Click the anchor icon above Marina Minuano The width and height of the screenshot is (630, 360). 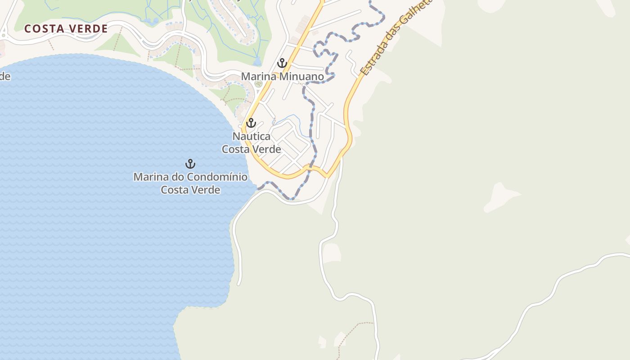click(x=282, y=63)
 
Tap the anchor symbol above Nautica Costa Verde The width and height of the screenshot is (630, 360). click(x=251, y=122)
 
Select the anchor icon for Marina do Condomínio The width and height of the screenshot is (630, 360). click(x=190, y=164)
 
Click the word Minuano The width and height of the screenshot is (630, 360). click(x=301, y=76)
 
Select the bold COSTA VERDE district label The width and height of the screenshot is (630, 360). click(x=66, y=29)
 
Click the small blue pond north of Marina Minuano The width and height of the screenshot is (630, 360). click(x=257, y=61)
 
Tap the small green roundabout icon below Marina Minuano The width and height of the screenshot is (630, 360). click(x=258, y=84)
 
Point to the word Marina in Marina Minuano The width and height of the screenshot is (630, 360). click(x=258, y=76)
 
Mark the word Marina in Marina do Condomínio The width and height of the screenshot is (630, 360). click(x=148, y=177)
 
